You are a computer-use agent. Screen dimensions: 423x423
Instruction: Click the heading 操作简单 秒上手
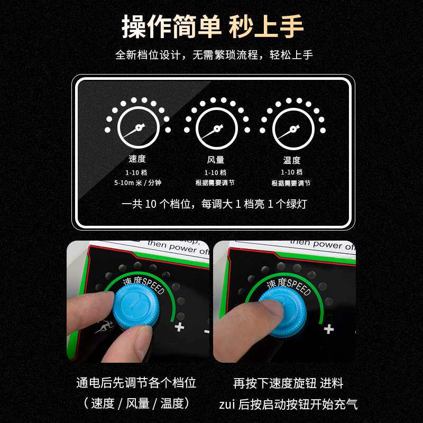(x=212, y=26)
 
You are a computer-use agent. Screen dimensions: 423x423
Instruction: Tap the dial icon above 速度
(x=138, y=127)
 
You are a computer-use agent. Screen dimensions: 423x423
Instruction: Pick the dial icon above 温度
(x=292, y=127)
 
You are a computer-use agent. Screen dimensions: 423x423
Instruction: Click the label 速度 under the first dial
(x=137, y=159)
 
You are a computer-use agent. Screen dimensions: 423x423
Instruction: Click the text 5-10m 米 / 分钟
(x=137, y=182)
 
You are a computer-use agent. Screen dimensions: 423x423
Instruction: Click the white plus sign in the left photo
(x=180, y=327)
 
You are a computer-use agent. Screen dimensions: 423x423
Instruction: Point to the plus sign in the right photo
(x=329, y=329)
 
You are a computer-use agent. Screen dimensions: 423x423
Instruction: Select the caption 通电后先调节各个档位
(x=136, y=383)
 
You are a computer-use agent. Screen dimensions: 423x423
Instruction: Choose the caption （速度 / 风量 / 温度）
(x=136, y=403)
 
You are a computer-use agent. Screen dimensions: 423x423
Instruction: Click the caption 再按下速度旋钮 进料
(x=288, y=383)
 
